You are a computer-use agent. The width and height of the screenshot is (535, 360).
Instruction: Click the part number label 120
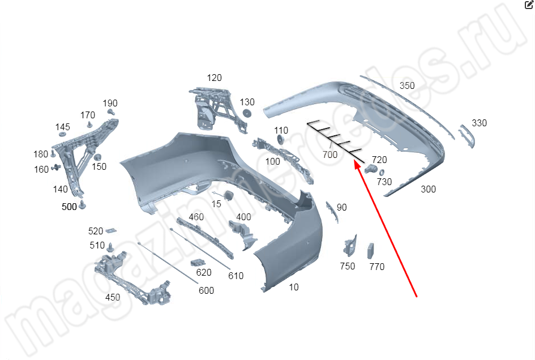(x=214, y=78)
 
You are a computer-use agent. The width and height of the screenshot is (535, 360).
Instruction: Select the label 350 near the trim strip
(x=407, y=85)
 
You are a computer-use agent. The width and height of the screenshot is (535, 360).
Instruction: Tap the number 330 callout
(x=479, y=123)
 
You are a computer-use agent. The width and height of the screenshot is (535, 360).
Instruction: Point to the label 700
(x=330, y=155)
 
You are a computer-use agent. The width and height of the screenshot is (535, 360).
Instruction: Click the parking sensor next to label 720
(x=370, y=169)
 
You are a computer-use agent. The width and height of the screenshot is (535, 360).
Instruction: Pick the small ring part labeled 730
(x=382, y=173)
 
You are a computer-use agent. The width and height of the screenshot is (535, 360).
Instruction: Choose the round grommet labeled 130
(x=247, y=113)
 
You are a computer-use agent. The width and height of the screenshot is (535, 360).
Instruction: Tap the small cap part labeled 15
(x=228, y=195)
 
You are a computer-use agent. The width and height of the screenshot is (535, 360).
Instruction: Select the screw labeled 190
(x=111, y=112)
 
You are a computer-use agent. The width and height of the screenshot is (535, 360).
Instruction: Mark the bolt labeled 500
(x=82, y=205)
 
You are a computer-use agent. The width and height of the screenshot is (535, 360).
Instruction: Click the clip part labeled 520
(x=111, y=231)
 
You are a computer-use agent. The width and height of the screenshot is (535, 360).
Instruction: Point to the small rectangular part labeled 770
(x=371, y=251)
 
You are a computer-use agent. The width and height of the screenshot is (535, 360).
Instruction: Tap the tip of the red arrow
(x=355, y=161)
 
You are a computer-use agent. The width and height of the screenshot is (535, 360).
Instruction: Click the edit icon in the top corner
(x=529, y=5)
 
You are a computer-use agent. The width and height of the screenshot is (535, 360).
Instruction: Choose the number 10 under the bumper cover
(x=294, y=288)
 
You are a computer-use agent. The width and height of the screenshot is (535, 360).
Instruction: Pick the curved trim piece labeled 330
(x=466, y=136)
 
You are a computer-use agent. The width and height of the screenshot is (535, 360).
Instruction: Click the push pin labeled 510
(x=110, y=247)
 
